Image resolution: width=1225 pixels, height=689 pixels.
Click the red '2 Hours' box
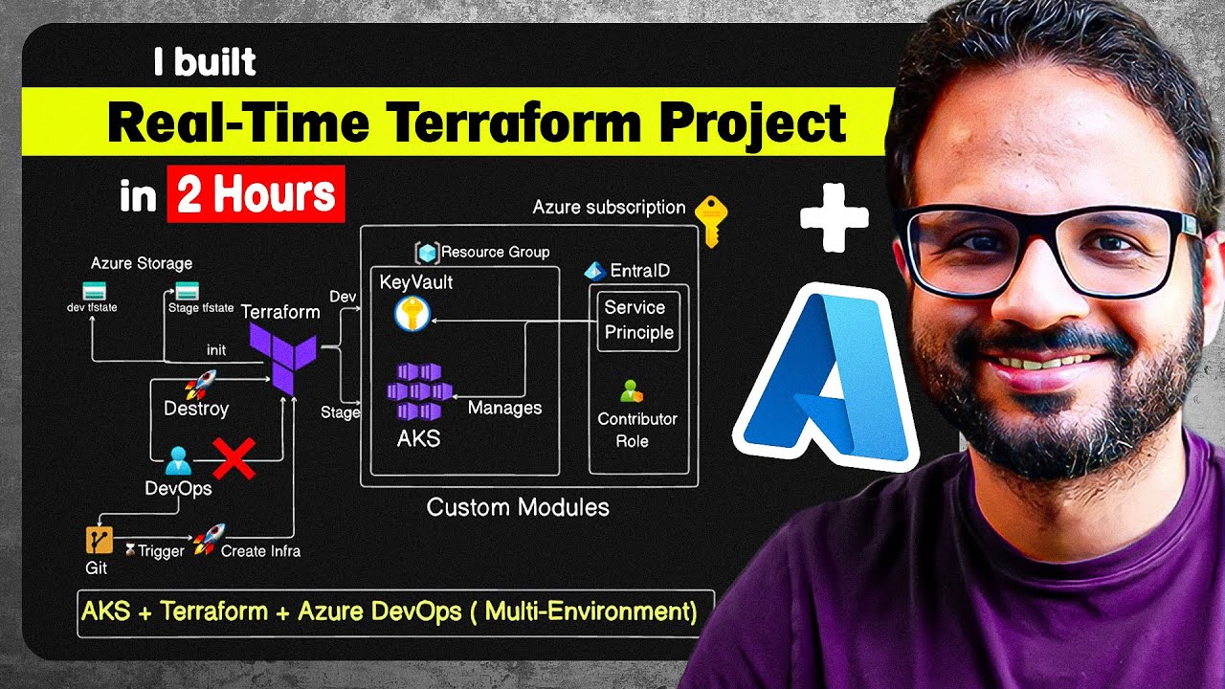[256, 194]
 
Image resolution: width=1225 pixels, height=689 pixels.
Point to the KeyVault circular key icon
[412, 312]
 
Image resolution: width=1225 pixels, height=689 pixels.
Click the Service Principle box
[638, 321]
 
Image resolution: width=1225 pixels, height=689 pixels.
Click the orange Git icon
[99, 541]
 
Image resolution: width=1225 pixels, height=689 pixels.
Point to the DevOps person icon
[177, 461]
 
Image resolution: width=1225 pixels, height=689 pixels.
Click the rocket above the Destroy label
[199, 385]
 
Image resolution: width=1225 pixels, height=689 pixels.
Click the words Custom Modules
[518, 506]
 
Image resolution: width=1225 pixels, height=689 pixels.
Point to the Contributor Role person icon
[631, 391]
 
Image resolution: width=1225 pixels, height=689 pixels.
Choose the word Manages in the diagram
[504, 408]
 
